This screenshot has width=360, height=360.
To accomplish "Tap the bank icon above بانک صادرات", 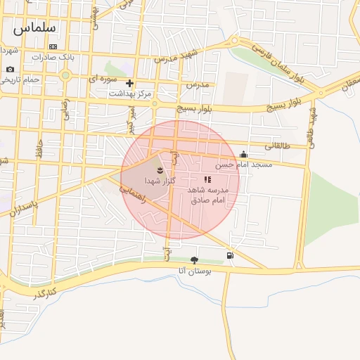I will click(53, 46).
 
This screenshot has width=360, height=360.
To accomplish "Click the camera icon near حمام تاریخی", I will click(10, 69).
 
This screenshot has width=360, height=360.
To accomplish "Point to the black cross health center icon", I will click(129, 83).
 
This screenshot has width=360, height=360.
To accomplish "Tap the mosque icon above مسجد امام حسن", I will click(243, 155).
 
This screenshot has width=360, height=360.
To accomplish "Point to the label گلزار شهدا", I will click(160, 181).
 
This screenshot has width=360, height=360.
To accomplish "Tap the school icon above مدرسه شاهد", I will click(207, 180).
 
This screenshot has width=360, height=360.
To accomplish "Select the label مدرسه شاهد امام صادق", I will click(211, 195).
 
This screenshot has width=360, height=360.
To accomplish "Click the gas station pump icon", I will click(230, 255).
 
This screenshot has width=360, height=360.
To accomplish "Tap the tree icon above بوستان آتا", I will click(195, 260).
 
